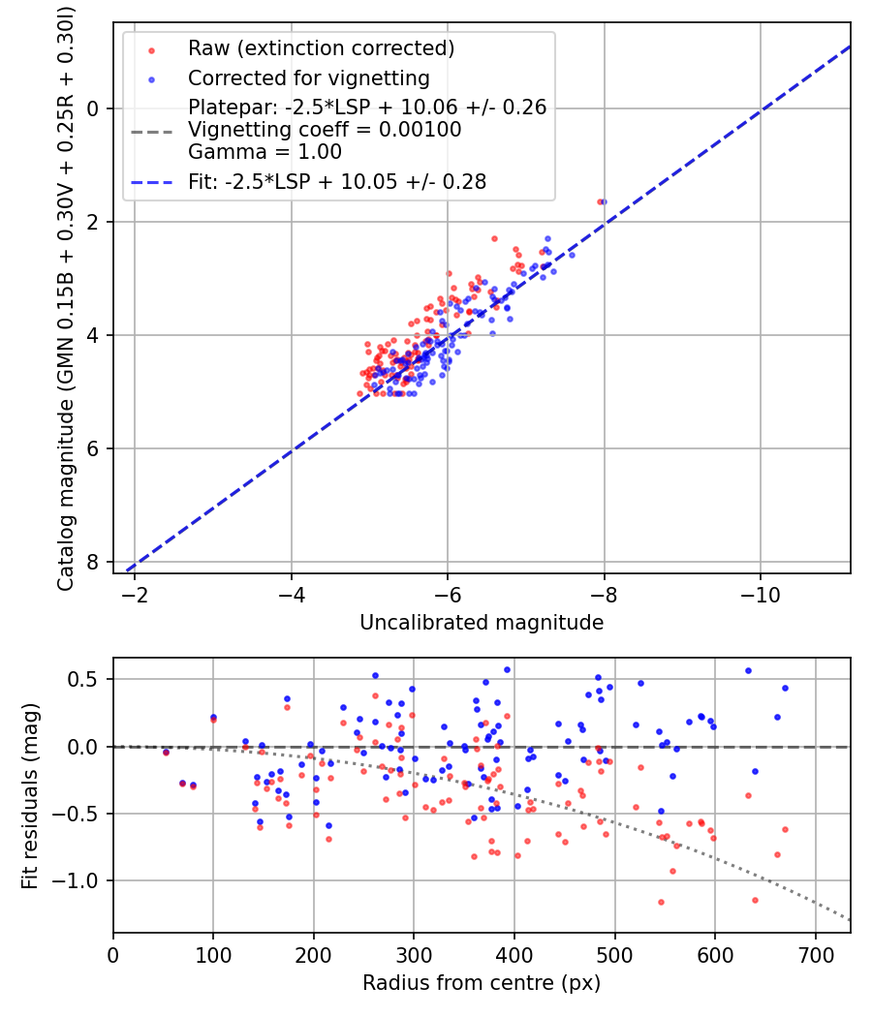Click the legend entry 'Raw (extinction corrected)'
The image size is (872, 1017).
[321, 48]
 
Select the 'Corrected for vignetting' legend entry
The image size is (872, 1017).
[309, 77]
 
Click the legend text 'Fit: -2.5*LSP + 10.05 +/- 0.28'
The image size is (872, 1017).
[337, 181]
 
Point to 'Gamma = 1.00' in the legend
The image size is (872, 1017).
[265, 151]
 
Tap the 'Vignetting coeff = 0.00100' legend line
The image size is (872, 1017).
[325, 130]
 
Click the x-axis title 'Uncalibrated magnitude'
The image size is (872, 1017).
[482, 623]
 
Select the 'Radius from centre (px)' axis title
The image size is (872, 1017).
[482, 983]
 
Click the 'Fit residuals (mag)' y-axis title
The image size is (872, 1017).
[30, 794]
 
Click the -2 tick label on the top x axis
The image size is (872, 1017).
[135, 593]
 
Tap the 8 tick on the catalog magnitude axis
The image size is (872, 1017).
[94, 562]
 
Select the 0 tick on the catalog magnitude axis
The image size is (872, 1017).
[94, 108]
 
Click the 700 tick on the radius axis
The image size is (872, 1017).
[815, 953]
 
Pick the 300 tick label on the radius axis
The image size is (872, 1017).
[414, 953]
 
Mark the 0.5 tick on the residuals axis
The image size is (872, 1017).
[87, 679]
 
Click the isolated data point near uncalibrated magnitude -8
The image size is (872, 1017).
[602, 201]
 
